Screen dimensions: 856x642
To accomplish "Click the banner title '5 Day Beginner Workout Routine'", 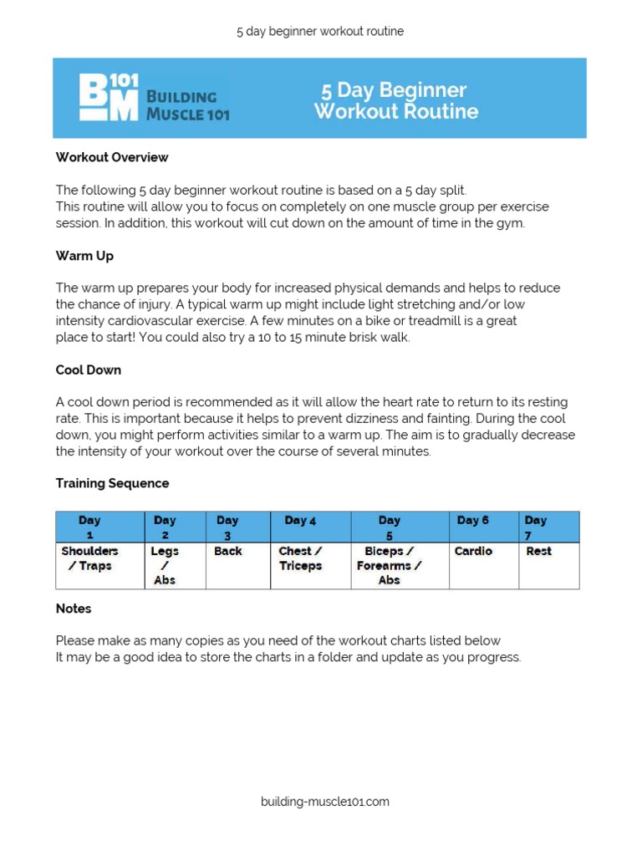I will pyautogui.click(x=395, y=100).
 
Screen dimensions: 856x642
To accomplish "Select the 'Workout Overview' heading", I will pyautogui.click(x=112, y=157).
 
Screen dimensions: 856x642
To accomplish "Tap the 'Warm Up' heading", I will pyautogui.click(x=84, y=256).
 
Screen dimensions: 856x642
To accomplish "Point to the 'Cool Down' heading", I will pyautogui.click(x=89, y=369).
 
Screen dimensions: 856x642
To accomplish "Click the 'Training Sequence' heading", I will pyautogui.click(x=112, y=483).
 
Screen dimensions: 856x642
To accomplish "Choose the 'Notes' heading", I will pyautogui.click(x=74, y=609).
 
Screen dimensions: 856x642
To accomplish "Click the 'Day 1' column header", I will pyautogui.click(x=89, y=527).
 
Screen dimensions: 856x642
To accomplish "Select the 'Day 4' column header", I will pyautogui.click(x=300, y=521).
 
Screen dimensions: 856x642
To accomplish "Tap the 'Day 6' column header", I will pyautogui.click(x=473, y=521).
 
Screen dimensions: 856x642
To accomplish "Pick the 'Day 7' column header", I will pyautogui.click(x=535, y=527).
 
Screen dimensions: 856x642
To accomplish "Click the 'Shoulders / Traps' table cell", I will pyautogui.click(x=89, y=558).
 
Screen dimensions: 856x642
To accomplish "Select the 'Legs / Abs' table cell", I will pyautogui.click(x=165, y=565).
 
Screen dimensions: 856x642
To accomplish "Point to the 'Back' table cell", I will pyautogui.click(x=227, y=552).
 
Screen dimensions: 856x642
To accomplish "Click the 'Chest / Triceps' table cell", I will pyautogui.click(x=300, y=558).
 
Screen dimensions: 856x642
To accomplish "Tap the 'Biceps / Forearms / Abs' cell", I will pyautogui.click(x=389, y=565).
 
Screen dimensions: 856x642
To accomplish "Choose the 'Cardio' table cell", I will pyautogui.click(x=473, y=552).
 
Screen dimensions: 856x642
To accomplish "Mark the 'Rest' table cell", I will pyautogui.click(x=538, y=552).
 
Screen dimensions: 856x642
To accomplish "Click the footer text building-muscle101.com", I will pyautogui.click(x=324, y=802).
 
